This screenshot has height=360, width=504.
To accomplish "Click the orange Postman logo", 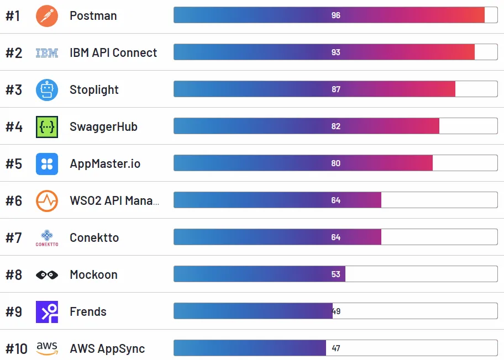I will click(x=47, y=15).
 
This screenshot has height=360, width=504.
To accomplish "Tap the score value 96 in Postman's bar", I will click(x=336, y=15).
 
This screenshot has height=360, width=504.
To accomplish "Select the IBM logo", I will click(x=47, y=53).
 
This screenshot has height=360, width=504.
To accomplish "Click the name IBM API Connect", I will click(x=113, y=53).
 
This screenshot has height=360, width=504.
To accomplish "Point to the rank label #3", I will click(x=14, y=90).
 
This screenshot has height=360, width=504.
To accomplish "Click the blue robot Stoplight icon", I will click(x=47, y=90).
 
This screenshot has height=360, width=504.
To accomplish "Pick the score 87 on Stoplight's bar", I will click(x=336, y=89).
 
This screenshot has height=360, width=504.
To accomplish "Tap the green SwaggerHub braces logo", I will click(x=47, y=127).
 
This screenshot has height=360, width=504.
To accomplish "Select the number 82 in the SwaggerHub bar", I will click(x=336, y=126).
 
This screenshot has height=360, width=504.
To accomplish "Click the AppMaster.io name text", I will click(x=105, y=164).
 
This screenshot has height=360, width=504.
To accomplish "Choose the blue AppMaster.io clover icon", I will click(x=47, y=164).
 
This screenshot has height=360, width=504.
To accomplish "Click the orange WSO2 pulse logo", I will click(x=47, y=201).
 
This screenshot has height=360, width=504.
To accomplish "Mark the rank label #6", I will click(x=14, y=201).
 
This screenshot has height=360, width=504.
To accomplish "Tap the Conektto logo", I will click(x=47, y=237).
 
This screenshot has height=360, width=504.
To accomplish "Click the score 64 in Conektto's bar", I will click(x=336, y=237).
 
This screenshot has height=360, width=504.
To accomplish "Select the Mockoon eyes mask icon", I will click(x=47, y=275).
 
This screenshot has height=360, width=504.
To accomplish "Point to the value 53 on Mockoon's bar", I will click(x=336, y=274).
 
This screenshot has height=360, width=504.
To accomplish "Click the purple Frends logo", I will click(x=47, y=312).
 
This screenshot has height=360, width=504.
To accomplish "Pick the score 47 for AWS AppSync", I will click(x=336, y=348).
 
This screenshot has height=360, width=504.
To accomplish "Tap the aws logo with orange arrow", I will click(x=47, y=348).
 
